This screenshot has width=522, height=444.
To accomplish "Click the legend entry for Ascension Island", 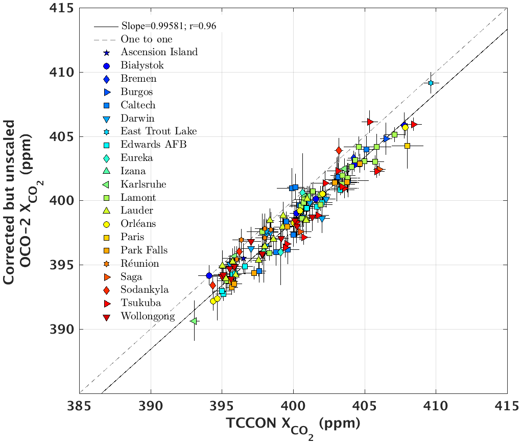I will click(159, 52).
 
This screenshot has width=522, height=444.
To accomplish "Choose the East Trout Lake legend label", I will click(158, 131).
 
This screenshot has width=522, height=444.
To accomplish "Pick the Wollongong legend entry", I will click(148, 316).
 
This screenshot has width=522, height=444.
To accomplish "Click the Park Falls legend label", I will click(144, 250).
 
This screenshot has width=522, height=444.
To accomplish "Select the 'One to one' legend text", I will click(146, 39).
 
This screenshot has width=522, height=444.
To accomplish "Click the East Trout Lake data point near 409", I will click(431, 83).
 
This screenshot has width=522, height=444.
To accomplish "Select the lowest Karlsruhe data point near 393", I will click(194, 321).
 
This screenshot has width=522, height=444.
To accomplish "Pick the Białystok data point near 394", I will click(209, 275).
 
